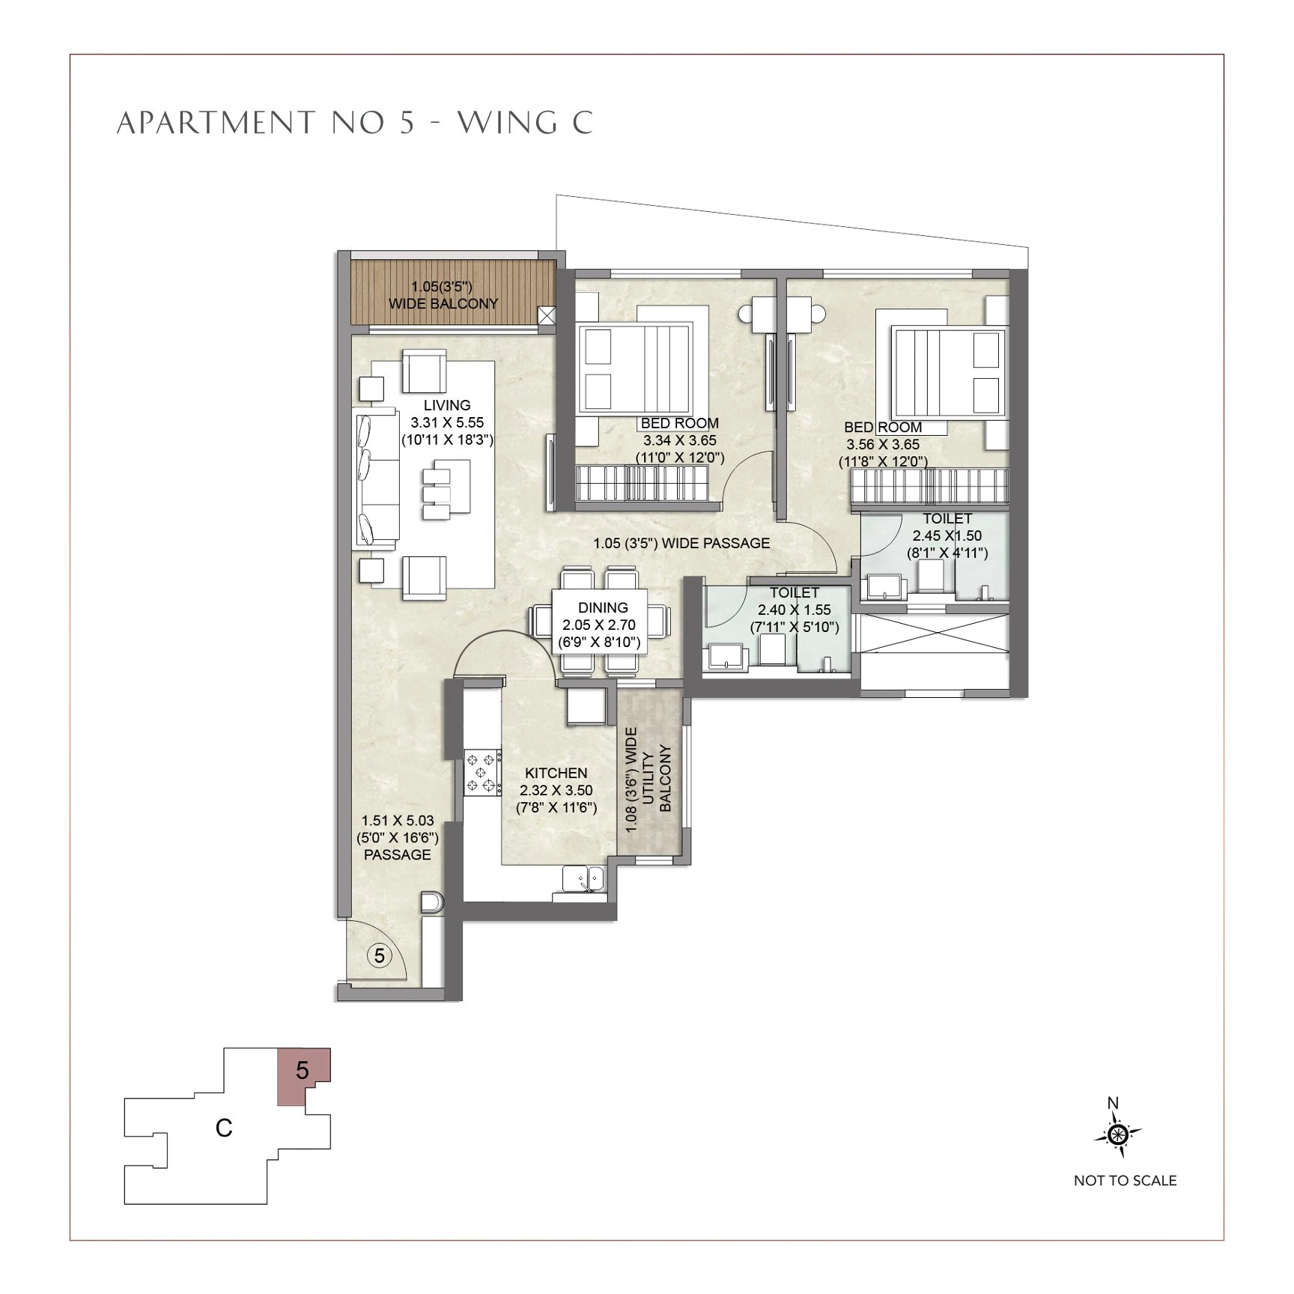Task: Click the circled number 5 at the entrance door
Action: pos(380,956)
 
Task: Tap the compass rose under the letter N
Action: pos(1118,1136)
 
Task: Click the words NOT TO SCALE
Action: pos(1125,1181)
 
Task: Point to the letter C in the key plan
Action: pos(223,1128)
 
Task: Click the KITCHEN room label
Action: pos(556,773)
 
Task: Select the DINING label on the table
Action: pos(603,608)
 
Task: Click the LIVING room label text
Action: pos(447,405)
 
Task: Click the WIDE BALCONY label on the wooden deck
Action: pos(443,303)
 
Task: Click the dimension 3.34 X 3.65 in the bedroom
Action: pos(679,440)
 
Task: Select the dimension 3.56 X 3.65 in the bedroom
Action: pos(883,444)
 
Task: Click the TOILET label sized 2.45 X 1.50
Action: pos(947,518)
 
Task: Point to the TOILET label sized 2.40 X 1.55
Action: pos(795,592)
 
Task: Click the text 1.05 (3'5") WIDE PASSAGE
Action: pos(681,543)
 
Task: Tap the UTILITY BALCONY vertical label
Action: pos(649,779)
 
